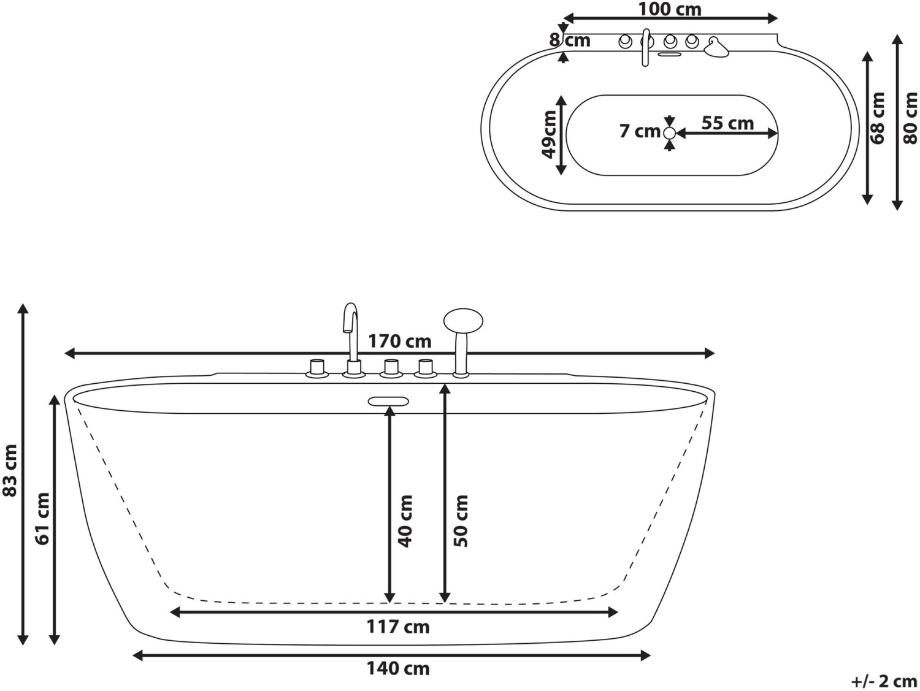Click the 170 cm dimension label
399,342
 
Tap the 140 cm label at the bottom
398,669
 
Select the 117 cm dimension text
398,627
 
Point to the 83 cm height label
9,471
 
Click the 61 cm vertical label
42,518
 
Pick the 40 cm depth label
405,521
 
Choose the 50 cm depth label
461,521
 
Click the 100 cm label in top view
670,9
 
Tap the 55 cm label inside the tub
727,123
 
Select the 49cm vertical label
549,134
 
